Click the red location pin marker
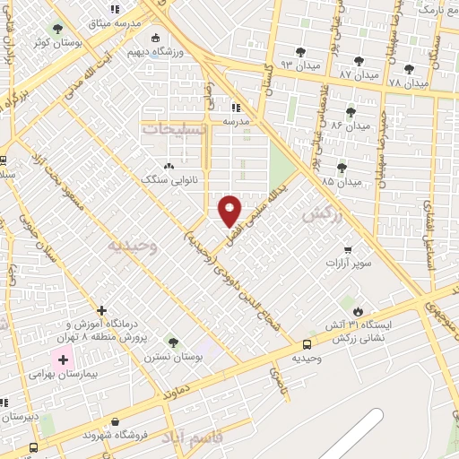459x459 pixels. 230,211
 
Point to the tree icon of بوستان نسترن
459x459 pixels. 173,342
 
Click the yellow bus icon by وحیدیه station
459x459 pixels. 307,344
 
